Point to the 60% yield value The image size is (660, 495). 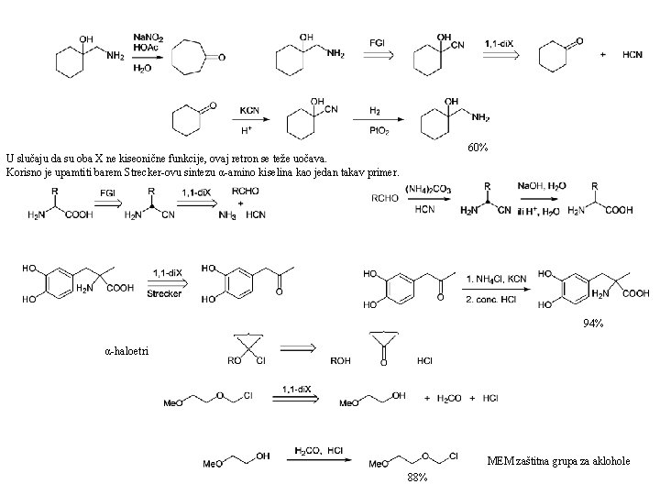click(x=478, y=148)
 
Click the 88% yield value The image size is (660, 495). click(x=418, y=478)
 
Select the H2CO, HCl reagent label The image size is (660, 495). click(x=317, y=451)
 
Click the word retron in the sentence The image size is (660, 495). click(x=233, y=159)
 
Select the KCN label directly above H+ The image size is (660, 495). click(x=249, y=110)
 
